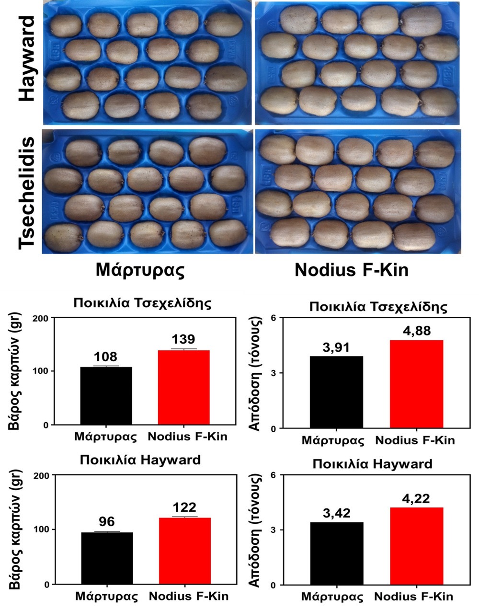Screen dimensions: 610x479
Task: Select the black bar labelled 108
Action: click(x=106, y=396)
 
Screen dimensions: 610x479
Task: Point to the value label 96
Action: click(x=107, y=522)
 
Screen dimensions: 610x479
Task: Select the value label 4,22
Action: click(x=416, y=499)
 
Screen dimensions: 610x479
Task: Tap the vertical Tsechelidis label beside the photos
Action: click(x=27, y=193)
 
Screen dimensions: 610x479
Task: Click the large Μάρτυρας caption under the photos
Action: click(x=140, y=270)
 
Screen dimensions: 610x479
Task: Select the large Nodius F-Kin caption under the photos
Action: click(x=351, y=270)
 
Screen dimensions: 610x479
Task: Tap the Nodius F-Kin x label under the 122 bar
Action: click(x=188, y=597)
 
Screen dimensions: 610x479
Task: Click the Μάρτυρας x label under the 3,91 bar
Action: click(x=333, y=440)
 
